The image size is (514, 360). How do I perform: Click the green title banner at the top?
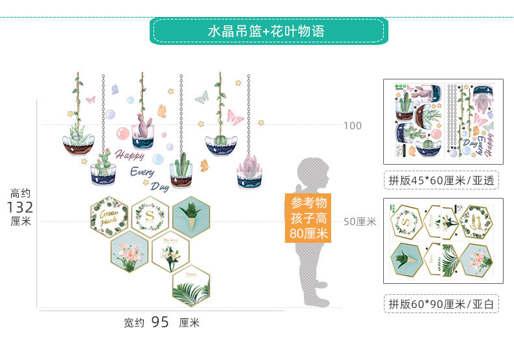[x=269, y=31]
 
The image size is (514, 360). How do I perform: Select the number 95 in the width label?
[x=160, y=322]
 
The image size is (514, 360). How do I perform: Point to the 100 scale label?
[x=353, y=126]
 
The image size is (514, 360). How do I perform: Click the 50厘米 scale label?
[x=360, y=222]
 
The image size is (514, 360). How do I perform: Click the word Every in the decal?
[x=142, y=173]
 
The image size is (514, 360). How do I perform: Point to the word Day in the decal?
[x=159, y=186]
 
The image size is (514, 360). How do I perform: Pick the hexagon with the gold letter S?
[x=150, y=214]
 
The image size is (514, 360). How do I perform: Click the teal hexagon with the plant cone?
[x=191, y=214]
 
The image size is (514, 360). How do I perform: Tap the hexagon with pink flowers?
[x=129, y=250]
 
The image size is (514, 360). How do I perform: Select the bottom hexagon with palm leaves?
[x=191, y=286]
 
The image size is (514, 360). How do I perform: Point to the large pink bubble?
[x=122, y=134]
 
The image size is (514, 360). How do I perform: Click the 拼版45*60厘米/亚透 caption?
[x=440, y=180]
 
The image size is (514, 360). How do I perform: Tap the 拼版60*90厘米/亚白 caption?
[x=440, y=303]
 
